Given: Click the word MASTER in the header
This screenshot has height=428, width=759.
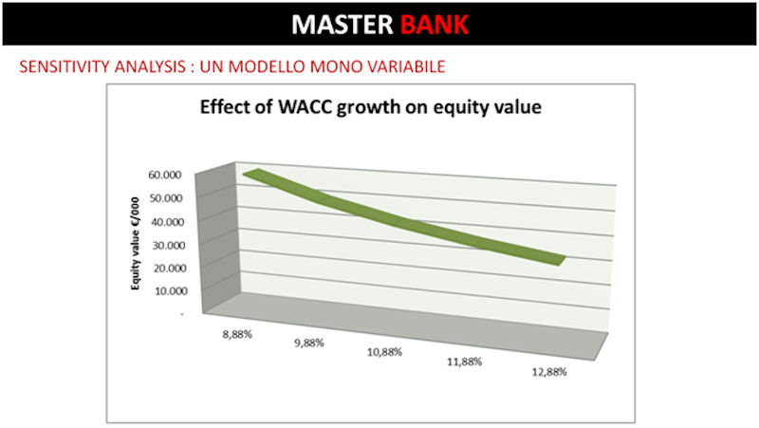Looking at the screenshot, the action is tap(342, 25).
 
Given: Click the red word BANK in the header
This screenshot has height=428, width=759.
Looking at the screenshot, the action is tap(435, 25).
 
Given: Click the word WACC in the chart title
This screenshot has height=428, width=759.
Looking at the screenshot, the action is tap(305, 106).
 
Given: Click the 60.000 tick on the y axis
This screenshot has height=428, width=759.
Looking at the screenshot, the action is tap(164, 175).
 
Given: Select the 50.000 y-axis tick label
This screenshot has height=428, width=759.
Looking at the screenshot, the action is tap(165, 198).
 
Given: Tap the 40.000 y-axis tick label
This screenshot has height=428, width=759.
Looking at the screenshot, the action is tap(168, 222).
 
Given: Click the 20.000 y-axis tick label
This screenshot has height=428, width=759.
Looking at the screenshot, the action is tap(170, 268).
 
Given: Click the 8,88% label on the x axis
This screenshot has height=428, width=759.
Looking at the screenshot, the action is tap(237, 334).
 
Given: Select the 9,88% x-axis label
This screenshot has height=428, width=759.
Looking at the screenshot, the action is tap(309, 343).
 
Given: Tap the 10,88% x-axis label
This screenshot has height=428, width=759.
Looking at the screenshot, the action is tap(384, 352).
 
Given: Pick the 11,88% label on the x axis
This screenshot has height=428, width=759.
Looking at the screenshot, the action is tap(464, 362).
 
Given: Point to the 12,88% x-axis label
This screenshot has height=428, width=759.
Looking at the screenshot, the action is tap(549, 372).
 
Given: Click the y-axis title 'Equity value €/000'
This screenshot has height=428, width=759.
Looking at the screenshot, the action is tap(135, 244).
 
